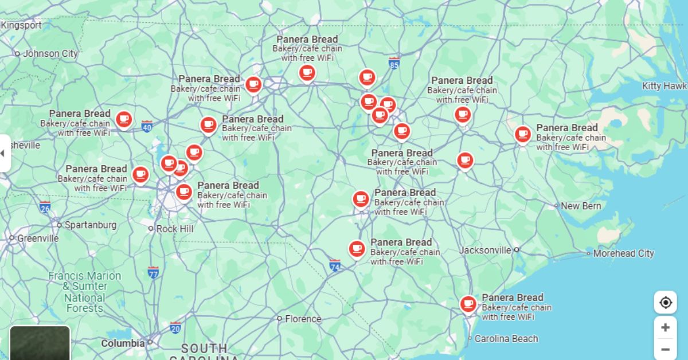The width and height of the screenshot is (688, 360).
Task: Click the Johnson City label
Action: coord(50,54)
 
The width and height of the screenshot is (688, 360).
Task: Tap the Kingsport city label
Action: coord(21,25)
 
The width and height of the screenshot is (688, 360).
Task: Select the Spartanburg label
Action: coord(90,225)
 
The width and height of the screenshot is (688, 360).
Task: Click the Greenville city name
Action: coord(38,238)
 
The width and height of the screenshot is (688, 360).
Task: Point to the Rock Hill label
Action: coord(175,229)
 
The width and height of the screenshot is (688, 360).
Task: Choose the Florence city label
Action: coord(303,319)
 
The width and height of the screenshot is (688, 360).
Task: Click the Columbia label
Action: coord(123,343)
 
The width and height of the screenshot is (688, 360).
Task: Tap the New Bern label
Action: coord(581,206)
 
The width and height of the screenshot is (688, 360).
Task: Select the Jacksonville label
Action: coord(485,250)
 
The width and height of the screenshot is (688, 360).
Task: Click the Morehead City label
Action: coord(623,253)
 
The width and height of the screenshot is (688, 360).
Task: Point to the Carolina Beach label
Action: coord(506,339)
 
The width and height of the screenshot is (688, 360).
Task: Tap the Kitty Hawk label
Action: coord(664,86)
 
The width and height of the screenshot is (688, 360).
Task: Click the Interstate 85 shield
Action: coord(394,63)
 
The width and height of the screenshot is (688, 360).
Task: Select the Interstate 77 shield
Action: coord(153,273)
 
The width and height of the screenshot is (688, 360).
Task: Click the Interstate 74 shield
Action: coord(335,266)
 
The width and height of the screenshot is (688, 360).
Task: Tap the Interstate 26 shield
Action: coord(45,207)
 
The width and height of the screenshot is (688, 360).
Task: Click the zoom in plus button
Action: coord(665,327)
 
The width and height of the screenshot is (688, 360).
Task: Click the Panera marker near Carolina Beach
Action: coord(468,303)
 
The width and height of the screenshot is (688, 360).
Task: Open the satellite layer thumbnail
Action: coord(40,343)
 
